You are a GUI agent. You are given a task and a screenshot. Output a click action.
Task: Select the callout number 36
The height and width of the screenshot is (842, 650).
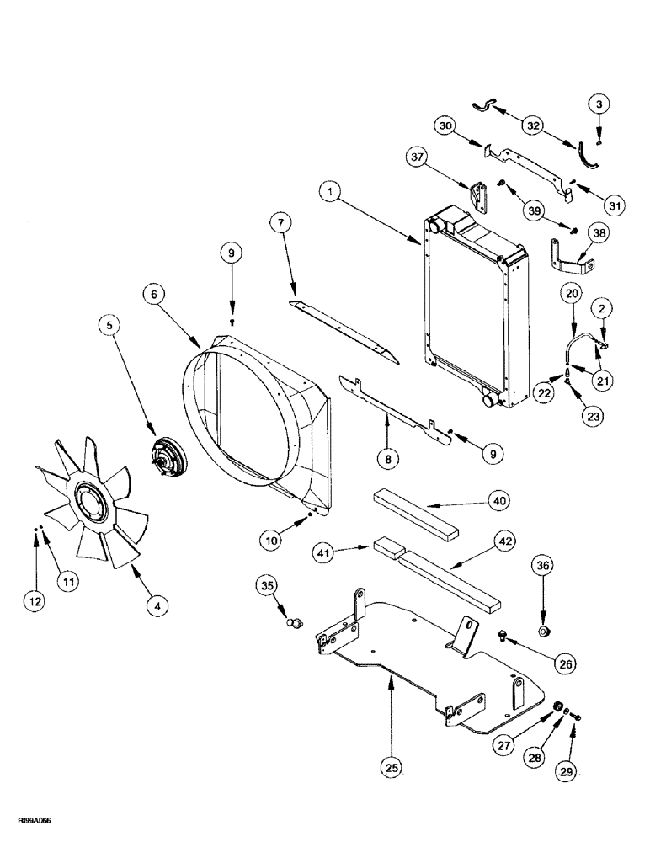[x=542, y=566]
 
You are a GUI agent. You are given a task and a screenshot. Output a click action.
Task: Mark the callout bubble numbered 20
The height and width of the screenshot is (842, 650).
[x=572, y=293]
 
